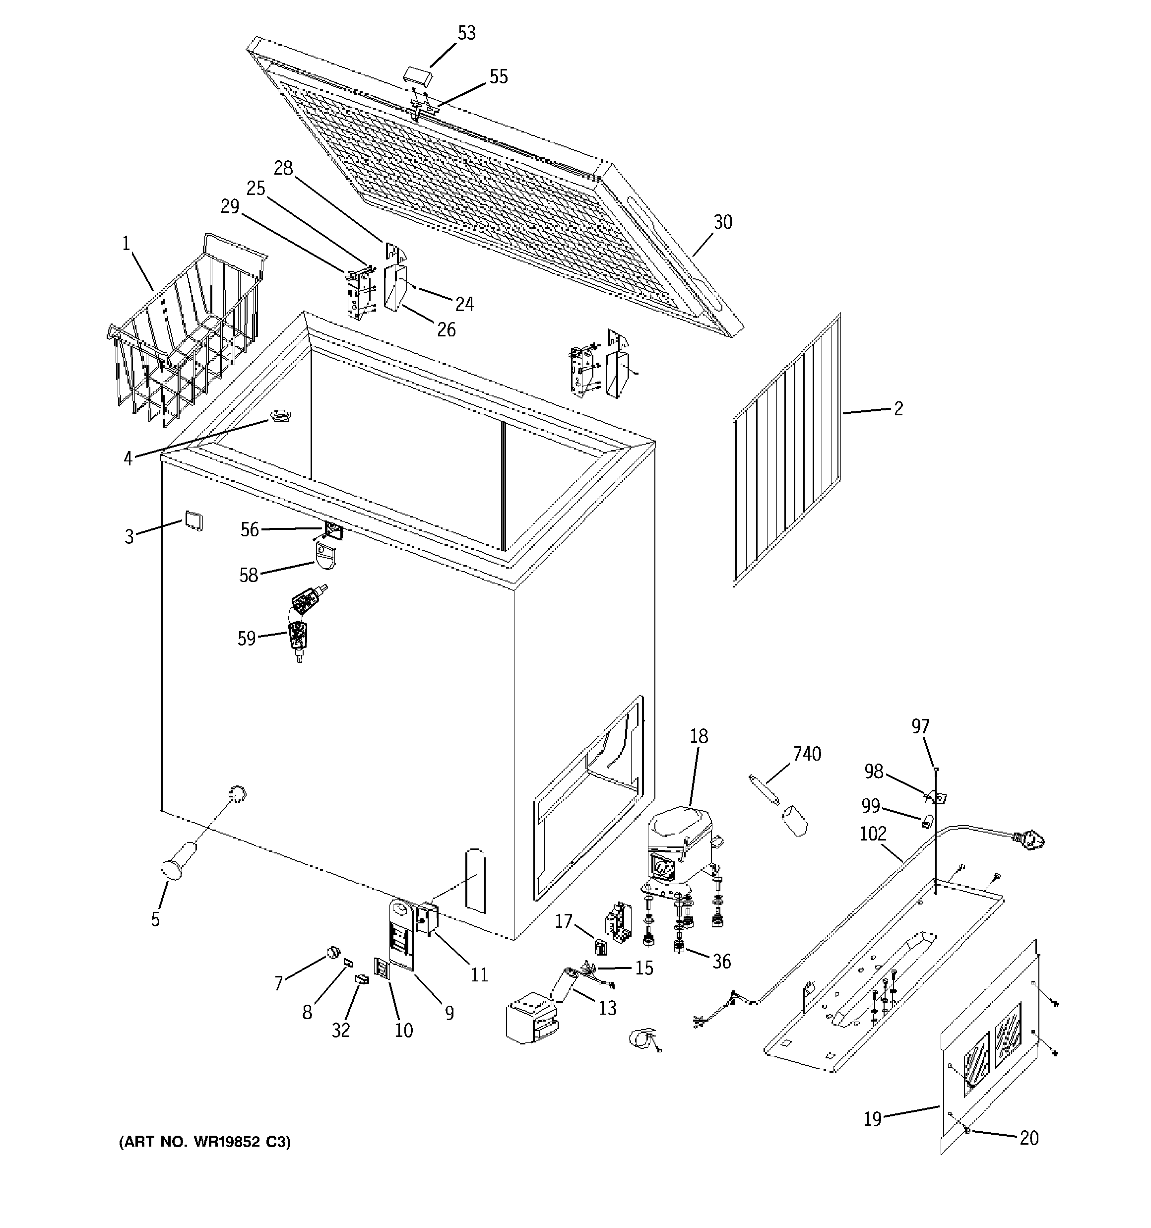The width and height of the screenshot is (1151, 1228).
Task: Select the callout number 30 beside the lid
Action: click(x=722, y=222)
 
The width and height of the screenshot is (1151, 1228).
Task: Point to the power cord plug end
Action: click(x=1030, y=839)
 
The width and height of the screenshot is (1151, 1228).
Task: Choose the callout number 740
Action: click(x=807, y=754)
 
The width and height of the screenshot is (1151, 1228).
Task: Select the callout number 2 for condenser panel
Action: click(x=897, y=408)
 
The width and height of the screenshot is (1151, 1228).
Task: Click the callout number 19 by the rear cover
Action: click(x=872, y=1119)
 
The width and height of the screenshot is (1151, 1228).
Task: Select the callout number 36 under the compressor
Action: click(x=721, y=961)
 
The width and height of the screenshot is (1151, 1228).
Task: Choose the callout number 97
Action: click(x=920, y=727)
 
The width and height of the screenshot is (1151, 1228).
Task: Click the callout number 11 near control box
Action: click(x=479, y=975)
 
